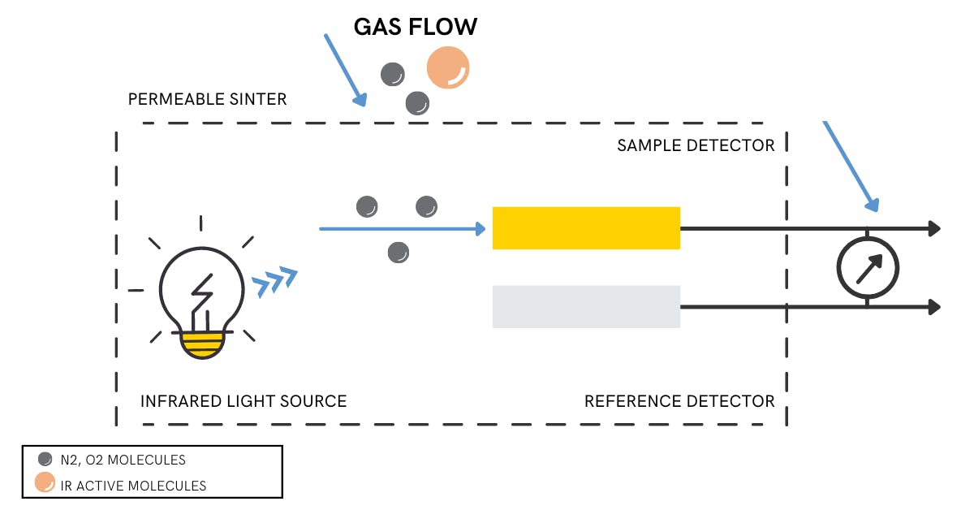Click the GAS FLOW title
click(x=415, y=27)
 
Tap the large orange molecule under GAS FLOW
click(x=448, y=67)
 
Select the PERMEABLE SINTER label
click(x=208, y=99)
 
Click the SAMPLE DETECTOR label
click(x=696, y=145)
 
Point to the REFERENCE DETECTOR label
click(x=679, y=401)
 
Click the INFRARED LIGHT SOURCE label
click(x=243, y=401)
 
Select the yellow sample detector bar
click(x=586, y=228)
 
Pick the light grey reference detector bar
click(x=586, y=307)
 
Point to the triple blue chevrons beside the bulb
click(x=275, y=280)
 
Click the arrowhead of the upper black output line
click(x=934, y=229)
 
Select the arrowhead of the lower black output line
click(x=934, y=307)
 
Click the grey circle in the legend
click(x=45, y=460)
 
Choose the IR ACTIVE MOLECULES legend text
click(x=135, y=486)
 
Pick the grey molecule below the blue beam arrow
click(x=398, y=253)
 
